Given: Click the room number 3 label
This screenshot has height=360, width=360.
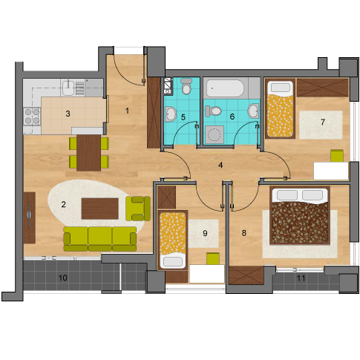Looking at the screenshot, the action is point(68,114).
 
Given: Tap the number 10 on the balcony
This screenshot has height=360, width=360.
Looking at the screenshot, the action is point(63,278).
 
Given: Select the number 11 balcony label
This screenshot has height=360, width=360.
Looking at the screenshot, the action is point(301,278).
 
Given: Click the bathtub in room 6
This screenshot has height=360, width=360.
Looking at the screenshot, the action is point(225,88).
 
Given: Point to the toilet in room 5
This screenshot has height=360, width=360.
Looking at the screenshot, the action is point(186,86).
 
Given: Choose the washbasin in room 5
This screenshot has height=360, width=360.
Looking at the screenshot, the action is point(170,114).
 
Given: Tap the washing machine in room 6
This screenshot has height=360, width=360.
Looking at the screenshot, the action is point(215,134).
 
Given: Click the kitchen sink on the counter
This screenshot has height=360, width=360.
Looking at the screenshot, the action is point(68,88).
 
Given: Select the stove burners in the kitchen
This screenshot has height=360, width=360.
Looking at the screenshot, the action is point(32,116).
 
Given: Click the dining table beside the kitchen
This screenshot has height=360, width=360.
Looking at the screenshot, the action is point(88,153).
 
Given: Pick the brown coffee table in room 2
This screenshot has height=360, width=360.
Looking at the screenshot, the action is point(100,209).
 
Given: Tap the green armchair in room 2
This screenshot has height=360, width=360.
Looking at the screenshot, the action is point(138,209).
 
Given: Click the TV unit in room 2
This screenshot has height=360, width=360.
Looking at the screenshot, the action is point(29,217).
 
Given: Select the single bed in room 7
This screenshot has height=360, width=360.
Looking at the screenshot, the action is point(281,109).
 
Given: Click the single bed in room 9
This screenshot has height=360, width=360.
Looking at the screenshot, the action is point(173,240).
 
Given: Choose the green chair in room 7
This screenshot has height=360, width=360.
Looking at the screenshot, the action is point(337,156).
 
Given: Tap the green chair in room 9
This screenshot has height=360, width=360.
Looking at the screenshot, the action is point(213,258).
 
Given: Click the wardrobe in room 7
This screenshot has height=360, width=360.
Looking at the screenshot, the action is point(322,88).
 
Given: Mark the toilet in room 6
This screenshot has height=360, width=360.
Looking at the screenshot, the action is point(213,111).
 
